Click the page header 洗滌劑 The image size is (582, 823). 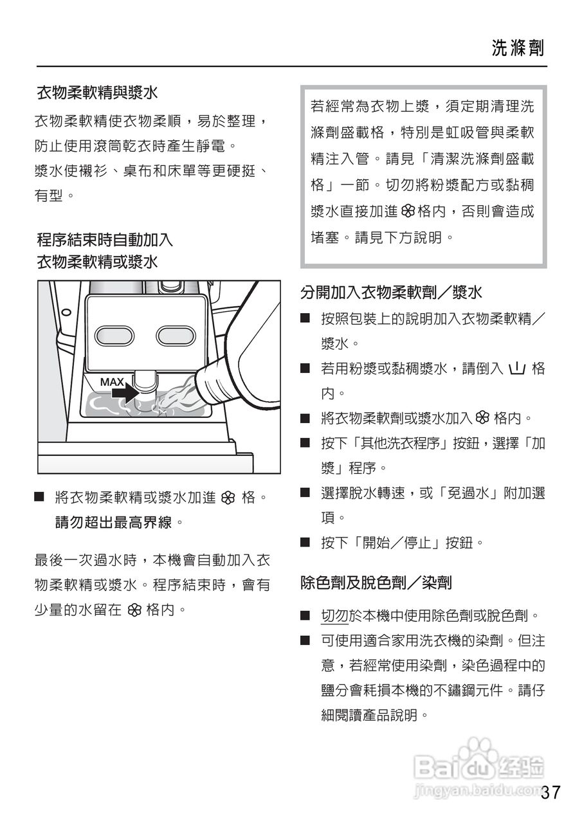[518, 48]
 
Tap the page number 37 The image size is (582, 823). [550, 792]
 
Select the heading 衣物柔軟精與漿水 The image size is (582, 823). [97, 93]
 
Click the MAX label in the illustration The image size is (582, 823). [111, 382]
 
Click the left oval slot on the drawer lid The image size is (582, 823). [114, 335]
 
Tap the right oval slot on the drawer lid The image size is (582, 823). [176, 335]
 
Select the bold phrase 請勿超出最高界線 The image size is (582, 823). [114, 523]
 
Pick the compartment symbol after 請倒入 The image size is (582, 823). [517, 369]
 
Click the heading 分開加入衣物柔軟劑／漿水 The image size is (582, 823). [391, 293]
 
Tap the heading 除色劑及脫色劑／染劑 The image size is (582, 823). [376, 583]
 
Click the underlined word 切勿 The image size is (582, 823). [334, 616]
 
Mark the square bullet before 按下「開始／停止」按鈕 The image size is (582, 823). [305, 543]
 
